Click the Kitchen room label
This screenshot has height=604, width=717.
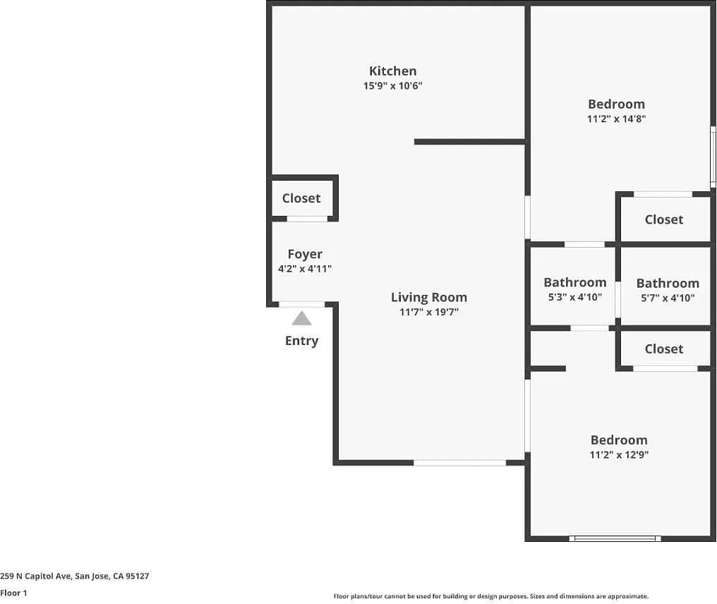[392, 71]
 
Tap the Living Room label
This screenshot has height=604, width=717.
[428, 297]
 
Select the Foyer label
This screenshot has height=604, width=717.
[305, 254]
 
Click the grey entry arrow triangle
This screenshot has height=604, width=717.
[301, 319]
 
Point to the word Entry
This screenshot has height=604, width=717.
[301, 341]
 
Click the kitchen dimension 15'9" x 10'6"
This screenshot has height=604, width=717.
[392, 86]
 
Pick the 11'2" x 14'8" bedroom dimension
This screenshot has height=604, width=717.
[616, 119]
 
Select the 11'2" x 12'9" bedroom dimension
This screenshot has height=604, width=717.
[619, 455]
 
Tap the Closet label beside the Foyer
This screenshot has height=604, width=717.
[301, 198]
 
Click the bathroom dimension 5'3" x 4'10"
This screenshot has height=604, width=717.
[574, 297]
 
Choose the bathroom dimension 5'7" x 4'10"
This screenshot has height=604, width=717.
[668, 298]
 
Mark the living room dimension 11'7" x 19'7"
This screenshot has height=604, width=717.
[428, 312]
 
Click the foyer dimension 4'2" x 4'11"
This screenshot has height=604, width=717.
[305, 269]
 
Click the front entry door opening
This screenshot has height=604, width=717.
[302, 304]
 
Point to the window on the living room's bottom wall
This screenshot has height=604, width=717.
[459, 463]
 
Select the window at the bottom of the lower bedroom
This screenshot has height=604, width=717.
[615, 538]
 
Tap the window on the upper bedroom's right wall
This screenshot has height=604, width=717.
[713, 157]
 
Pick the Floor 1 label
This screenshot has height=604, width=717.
[13, 593]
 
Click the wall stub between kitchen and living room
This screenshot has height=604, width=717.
[469, 142]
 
